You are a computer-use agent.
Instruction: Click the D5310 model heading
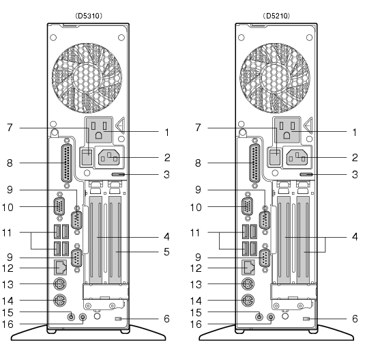[x=89, y=16]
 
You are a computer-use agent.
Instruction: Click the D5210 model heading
[x=276, y=16]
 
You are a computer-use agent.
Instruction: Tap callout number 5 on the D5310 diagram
[x=166, y=252]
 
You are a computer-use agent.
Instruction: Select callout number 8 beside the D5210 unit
[x=198, y=163]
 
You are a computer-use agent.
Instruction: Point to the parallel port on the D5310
[x=67, y=163]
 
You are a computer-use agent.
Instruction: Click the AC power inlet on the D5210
[x=297, y=157]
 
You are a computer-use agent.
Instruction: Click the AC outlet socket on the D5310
[x=99, y=130]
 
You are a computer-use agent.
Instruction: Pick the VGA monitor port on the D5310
[x=59, y=206]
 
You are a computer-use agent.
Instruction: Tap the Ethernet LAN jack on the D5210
[x=248, y=268]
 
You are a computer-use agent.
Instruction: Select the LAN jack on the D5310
[x=60, y=268]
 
